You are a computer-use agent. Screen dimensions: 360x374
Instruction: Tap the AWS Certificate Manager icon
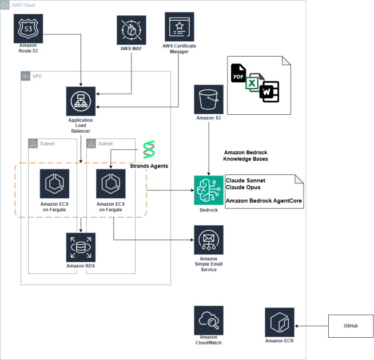180,27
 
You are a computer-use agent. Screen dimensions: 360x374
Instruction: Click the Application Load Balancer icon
80,101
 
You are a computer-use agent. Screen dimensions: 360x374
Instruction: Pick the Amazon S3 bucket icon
208,99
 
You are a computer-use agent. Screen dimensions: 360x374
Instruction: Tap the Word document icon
269,91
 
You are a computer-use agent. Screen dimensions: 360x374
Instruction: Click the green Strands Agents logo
149,149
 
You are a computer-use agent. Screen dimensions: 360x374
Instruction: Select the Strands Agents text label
149,166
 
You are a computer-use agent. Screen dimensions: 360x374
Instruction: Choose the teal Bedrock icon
209,190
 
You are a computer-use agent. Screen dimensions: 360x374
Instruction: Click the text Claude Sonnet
246,181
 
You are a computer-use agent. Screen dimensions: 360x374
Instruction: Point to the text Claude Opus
243,187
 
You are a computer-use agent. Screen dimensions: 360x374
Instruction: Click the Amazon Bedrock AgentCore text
264,201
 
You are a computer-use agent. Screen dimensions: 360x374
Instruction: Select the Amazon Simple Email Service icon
209,239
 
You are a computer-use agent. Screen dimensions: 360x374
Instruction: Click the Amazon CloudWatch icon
209,320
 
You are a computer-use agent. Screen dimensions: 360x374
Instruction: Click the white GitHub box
351,326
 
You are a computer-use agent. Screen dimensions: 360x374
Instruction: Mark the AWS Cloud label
24,4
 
